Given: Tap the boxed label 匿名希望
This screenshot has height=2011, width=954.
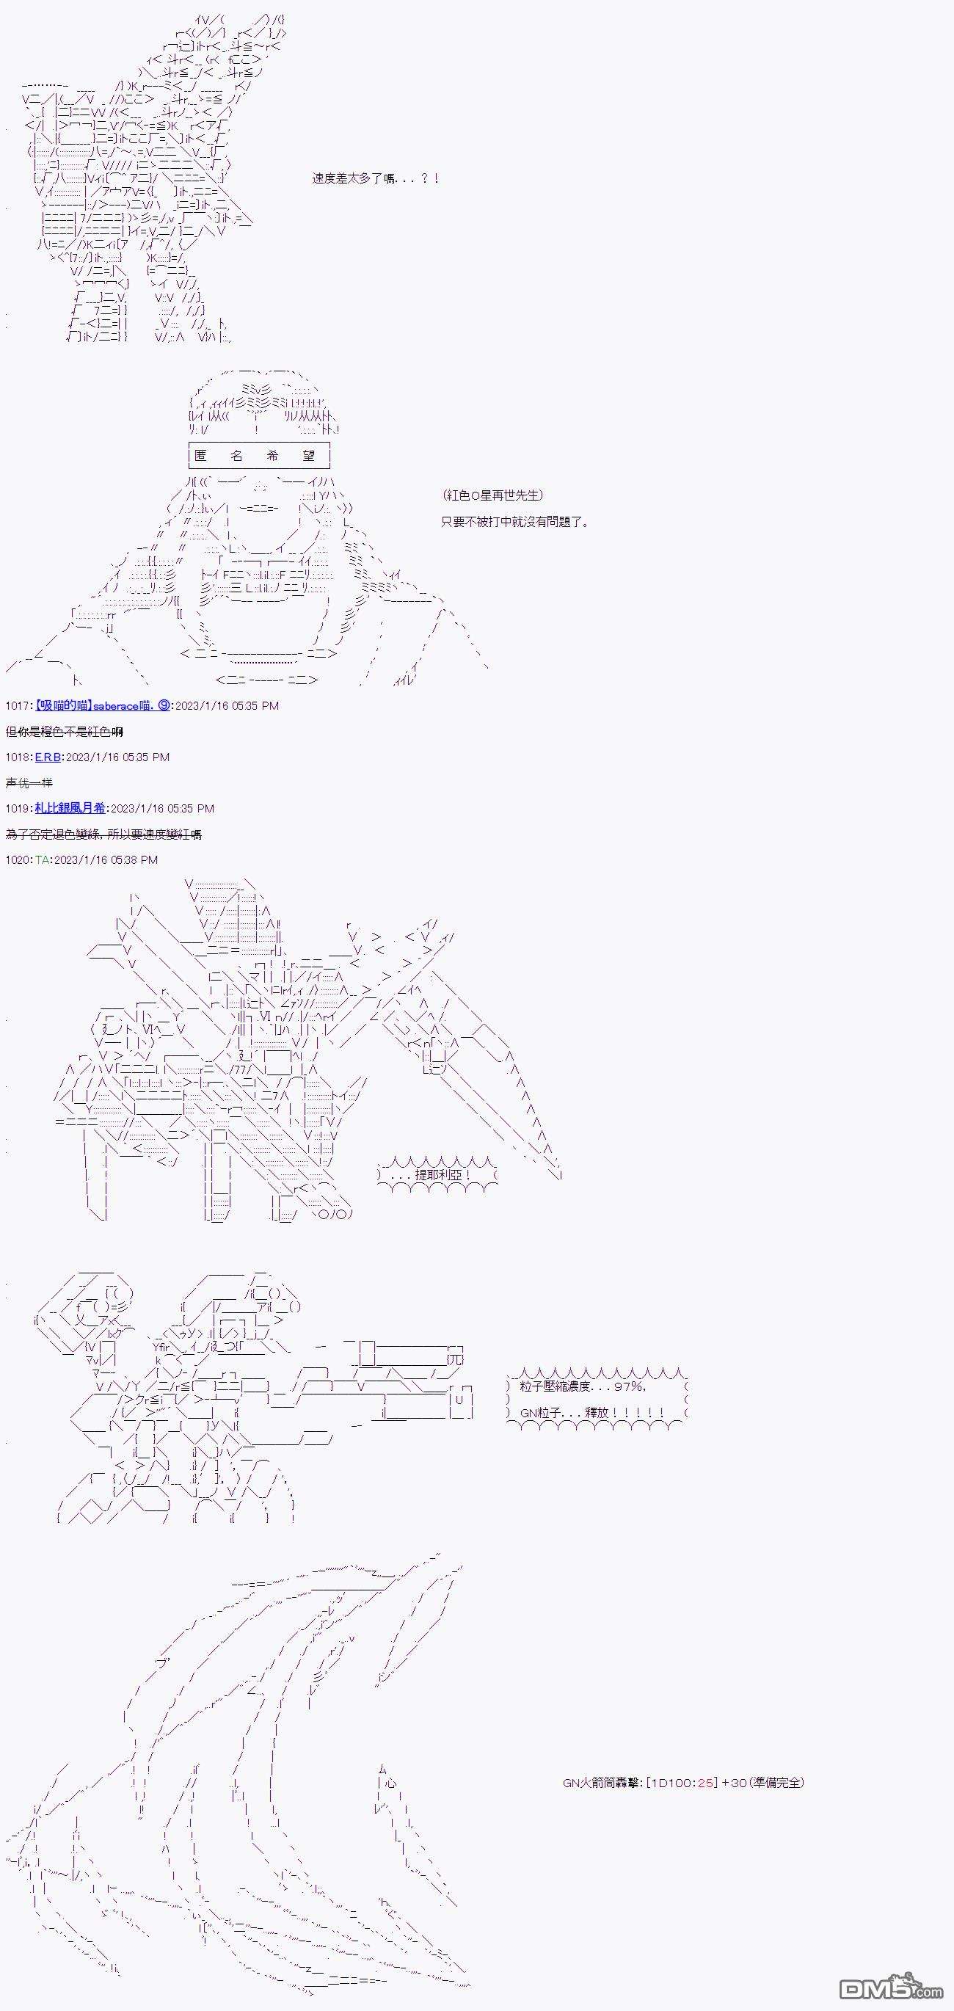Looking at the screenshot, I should pyautogui.click(x=259, y=455).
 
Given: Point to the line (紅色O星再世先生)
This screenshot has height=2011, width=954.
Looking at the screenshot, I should pyautogui.click(x=492, y=495).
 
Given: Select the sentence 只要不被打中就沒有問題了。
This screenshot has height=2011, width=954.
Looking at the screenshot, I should pyautogui.click(x=514, y=522).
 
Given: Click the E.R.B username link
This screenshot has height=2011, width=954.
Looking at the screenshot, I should pyautogui.click(x=48, y=757).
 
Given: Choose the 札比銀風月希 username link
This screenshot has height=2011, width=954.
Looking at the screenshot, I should pyautogui.click(x=70, y=809).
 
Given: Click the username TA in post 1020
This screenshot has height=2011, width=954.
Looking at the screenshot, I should pyautogui.click(x=42, y=860).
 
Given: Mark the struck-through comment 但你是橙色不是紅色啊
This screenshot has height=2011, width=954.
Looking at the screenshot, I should pyautogui.click(x=64, y=732).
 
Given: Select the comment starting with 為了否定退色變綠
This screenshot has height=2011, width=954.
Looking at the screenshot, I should pyautogui.click(x=103, y=834).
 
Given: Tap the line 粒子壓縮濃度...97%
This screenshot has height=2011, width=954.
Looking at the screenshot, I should pyautogui.click(x=583, y=1386).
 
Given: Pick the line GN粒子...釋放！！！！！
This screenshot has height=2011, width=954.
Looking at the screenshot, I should pyautogui.click(x=591, y=1413).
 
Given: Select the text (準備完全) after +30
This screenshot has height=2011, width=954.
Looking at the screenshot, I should pyautogui.click(x=775, y=1782).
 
